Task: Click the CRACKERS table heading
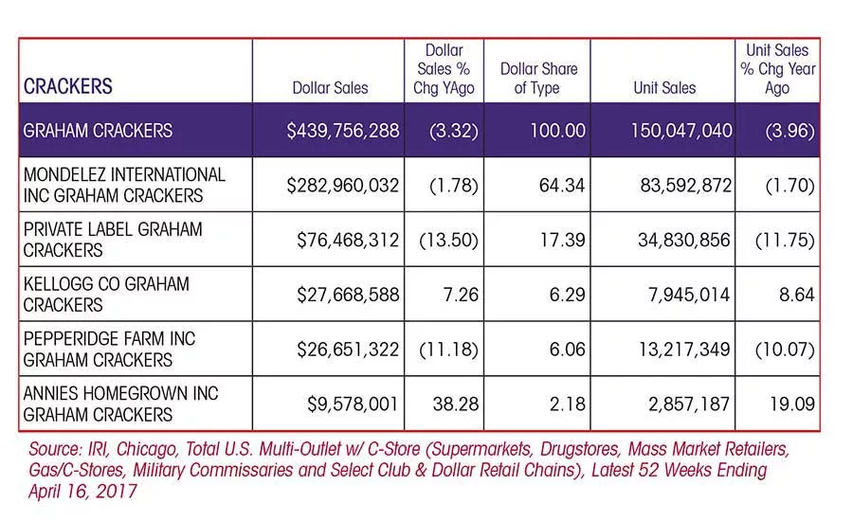point(68,86)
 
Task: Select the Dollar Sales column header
point(330,87)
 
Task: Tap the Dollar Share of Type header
point(538,79)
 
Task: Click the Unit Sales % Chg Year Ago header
point(777,69)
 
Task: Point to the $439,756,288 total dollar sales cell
point(343,131)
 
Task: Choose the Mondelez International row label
point(124,185)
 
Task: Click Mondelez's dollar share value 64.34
point(562,186)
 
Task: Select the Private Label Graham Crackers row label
point(113,240)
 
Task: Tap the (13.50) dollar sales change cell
point(448,240)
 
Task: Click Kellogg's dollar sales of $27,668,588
point(348,295)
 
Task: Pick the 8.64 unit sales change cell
point(796,295)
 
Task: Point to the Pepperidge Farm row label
point(109,350)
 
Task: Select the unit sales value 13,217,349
point(683,350)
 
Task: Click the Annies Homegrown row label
point(120,404)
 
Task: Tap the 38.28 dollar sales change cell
point(455,404)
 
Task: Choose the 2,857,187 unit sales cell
point(689,404)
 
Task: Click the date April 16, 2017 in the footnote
point(82,491)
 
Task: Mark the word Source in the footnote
point(56,449)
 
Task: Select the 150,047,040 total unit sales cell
point(681,131)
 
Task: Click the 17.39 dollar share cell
point(562,240)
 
